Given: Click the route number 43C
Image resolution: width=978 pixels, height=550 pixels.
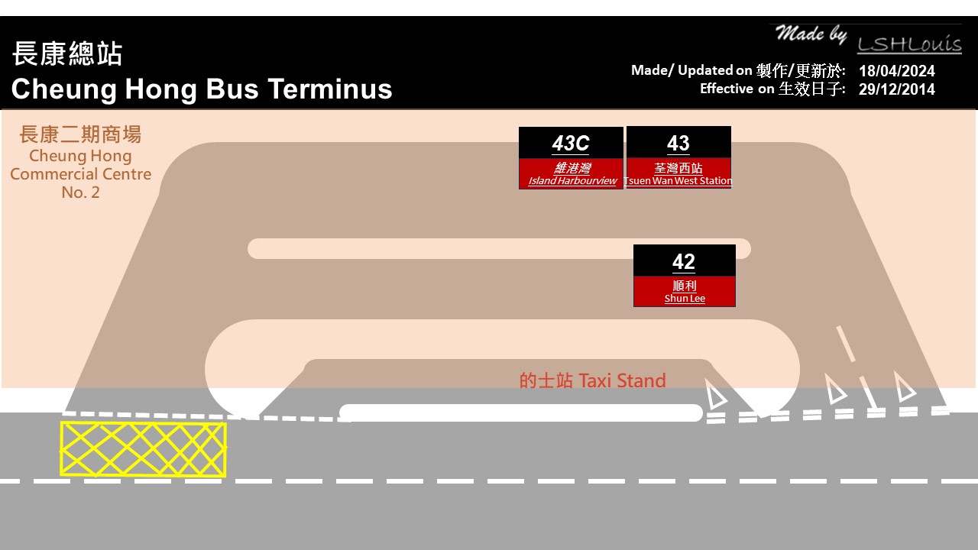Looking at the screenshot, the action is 571,144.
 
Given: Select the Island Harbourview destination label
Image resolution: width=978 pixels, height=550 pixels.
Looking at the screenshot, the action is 572,181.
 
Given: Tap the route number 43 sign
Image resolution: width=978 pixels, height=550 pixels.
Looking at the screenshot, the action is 678,143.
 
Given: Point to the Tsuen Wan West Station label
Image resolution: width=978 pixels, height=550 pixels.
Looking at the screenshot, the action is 678,181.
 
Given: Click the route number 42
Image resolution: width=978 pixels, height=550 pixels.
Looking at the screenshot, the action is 684,261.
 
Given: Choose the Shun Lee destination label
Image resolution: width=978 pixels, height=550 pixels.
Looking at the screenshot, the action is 685,299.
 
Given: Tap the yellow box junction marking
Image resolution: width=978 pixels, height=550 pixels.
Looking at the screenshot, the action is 143,449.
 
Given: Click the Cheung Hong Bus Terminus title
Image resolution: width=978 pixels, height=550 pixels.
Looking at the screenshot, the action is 202,89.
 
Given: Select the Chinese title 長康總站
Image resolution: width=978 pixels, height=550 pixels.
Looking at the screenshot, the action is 67,54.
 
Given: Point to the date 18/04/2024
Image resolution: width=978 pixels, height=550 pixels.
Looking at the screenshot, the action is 896,71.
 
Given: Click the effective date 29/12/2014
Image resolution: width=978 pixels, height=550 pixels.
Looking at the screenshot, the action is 896,89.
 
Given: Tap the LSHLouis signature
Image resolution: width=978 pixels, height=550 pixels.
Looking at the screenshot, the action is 908,44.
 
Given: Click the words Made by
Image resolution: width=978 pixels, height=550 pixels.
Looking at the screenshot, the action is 811,34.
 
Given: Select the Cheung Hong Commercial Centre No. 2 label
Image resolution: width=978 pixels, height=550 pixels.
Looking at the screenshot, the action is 81,174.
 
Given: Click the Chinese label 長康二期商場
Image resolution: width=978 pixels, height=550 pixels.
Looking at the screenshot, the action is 80,135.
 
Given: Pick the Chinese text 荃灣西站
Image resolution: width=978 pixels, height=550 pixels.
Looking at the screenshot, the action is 678,168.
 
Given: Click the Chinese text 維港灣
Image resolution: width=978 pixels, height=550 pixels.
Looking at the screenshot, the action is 572,168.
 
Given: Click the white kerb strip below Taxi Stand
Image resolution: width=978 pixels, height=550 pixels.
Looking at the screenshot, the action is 520,412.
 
